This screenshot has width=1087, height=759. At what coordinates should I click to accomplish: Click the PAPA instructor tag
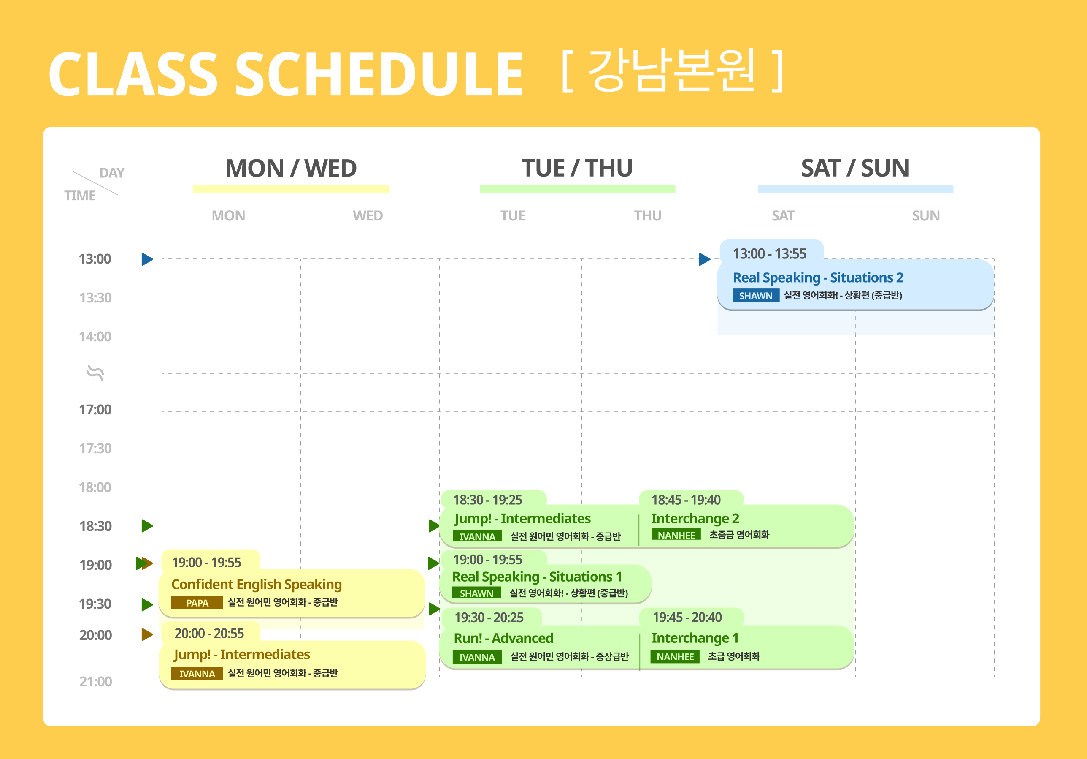tap(197, 603)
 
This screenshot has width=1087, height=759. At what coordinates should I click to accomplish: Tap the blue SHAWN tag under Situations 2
tap(756, 296)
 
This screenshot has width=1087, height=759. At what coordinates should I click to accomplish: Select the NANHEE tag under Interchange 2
tap(676, 535)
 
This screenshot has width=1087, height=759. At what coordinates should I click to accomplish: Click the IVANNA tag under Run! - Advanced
tap(477, 657)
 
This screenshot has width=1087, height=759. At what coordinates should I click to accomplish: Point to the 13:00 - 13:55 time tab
tap(770, 253)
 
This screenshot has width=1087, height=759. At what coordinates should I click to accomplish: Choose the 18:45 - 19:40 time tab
tap(687, 500)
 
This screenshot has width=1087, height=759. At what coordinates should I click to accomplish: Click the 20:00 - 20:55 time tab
tap(209, 634)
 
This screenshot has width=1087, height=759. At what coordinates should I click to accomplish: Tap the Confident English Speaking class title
tap(257, 584)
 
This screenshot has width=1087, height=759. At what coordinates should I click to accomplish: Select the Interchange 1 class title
tap(695, 638)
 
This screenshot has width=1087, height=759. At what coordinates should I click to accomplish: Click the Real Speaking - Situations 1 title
tap(537, 577)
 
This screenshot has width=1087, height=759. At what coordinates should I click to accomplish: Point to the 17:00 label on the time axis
tap(95, 409)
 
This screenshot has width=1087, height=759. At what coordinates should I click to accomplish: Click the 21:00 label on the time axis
tap(96, 681)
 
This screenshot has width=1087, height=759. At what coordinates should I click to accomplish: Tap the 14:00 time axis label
tap(95, 336)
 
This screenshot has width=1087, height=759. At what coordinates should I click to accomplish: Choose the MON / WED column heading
tap(291, 168)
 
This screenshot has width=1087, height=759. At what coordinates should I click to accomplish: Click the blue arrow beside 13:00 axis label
tap(147, 259)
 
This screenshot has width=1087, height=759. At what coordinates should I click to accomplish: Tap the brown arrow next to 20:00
tap(147, 634)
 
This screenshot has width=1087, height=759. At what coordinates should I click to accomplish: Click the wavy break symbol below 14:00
tap(95, 373)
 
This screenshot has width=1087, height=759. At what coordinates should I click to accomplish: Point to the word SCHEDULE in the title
tap(379, 74)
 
